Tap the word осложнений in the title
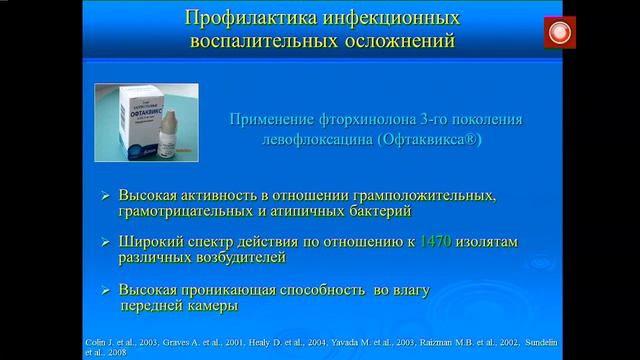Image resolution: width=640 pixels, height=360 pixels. (x=399, y=43)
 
